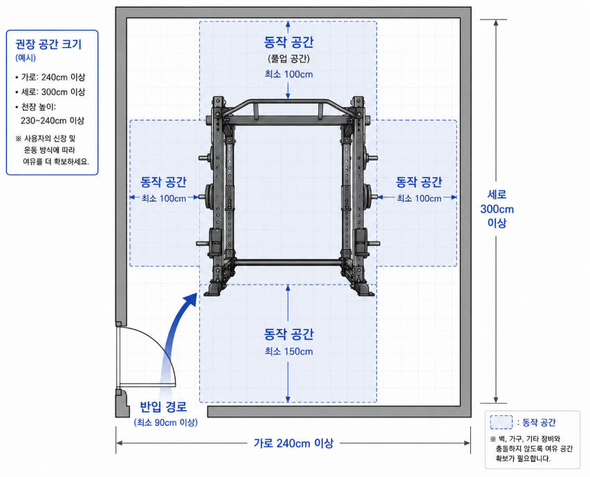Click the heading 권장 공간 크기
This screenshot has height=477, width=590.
48,44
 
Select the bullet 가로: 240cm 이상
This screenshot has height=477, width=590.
50,77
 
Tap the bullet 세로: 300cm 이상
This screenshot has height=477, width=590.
50,92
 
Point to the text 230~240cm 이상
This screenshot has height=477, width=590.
53,121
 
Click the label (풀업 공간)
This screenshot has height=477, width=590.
288,59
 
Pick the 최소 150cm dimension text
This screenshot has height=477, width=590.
288,352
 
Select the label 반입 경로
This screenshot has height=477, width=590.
163,407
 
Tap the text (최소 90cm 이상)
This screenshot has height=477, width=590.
165,422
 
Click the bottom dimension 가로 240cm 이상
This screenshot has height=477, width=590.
293,443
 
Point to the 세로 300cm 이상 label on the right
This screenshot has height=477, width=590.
497,209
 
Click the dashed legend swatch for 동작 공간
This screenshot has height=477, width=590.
501,422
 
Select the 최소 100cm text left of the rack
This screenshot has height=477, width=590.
164,199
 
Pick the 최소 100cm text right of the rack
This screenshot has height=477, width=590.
419,199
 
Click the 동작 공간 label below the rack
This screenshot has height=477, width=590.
288,334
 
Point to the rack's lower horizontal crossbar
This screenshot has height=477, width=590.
288,262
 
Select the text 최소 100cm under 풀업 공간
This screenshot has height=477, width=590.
288,75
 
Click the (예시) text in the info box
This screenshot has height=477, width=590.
26,58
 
